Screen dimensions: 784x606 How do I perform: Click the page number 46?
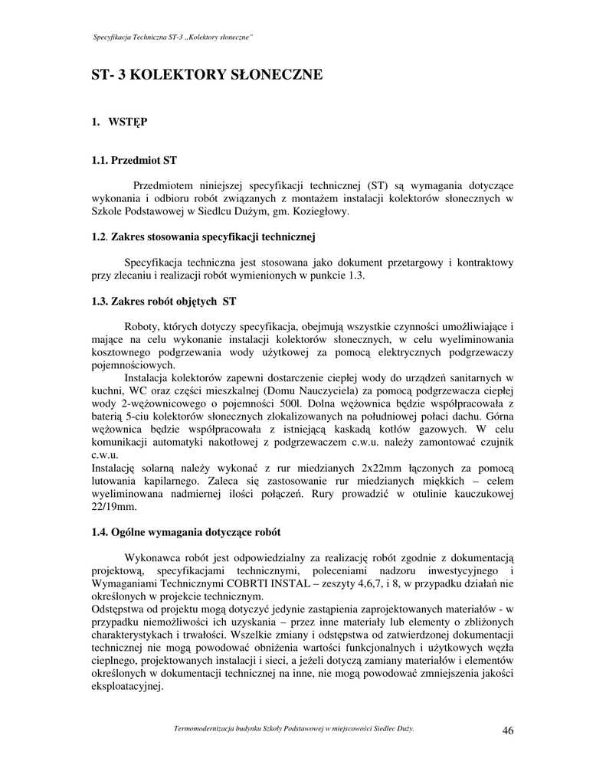point(507,730)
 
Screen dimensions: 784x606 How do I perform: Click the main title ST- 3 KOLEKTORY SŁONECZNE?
point(207,75)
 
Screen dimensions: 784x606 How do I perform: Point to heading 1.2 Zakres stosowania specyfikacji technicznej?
point(204,237)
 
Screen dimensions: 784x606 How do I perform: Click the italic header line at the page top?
point(173,38)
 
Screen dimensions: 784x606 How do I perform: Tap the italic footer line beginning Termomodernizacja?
point(294,728)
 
